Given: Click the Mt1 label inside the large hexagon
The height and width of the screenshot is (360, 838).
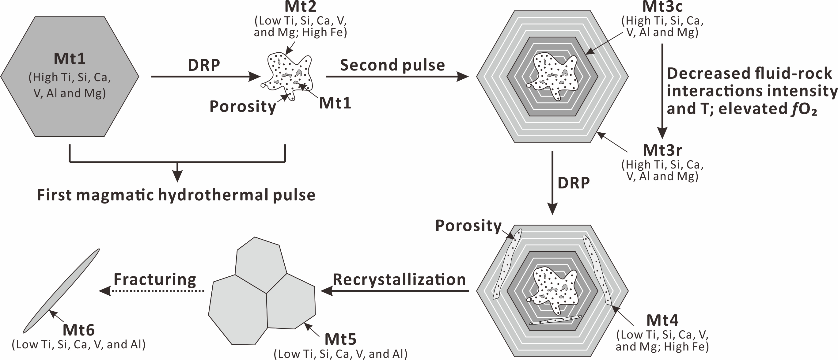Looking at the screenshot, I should (x=70, y=59).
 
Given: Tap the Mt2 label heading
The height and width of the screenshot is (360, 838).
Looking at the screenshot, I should (x=300, y=6).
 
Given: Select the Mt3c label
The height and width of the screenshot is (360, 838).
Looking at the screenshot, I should (x=662, y=6).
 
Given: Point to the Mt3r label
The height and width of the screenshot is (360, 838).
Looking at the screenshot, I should (x=662, y=150).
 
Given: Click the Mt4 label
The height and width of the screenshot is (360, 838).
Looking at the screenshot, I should (x=662, y=320).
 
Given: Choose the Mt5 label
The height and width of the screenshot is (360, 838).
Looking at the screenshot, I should (x=340, y=339).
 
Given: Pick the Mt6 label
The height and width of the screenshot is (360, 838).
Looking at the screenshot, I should (x=78, y=330).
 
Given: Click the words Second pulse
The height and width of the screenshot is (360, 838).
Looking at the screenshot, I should (x=392, y=65).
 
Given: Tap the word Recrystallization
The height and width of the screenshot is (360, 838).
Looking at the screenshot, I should (x=399, y=280).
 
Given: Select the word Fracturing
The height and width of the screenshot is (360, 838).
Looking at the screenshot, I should (x=155, y=279).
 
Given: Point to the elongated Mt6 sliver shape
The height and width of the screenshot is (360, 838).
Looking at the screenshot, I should (x=61, y=291).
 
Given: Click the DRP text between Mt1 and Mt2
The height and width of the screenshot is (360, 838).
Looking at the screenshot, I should (x=204, y=65).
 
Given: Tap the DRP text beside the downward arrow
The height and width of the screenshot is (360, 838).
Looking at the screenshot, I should (x=574, y=183).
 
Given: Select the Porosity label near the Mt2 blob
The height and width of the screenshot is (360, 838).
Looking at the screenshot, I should (x=243, y=106).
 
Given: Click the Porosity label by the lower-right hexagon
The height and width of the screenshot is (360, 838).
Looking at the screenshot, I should (x=468, y=226).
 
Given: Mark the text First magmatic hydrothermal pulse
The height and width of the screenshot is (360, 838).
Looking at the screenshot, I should (x=176, y=195).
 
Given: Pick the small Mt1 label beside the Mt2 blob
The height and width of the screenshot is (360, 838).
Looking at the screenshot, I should (x=335, y=103).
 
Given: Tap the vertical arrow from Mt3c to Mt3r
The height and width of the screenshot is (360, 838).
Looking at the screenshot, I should (x=662, y=91).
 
